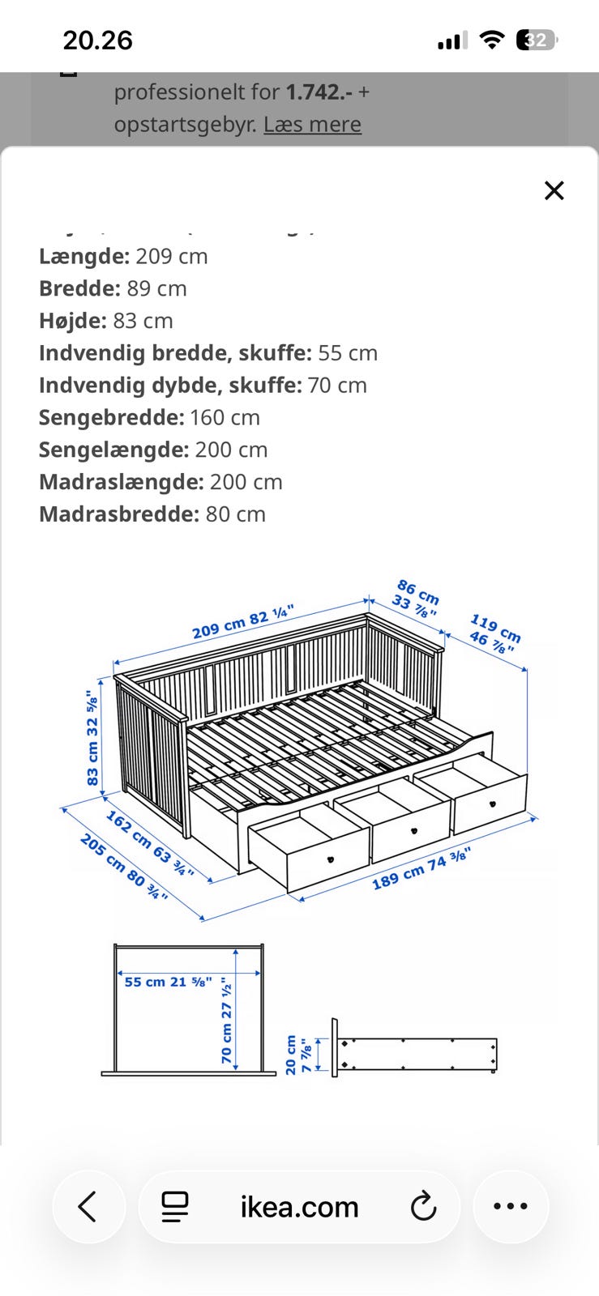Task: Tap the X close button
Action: tap(554, 190)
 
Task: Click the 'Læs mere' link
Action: tap(312, 125)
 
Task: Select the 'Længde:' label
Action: tap(84, 256)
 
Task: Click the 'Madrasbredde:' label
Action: tap(118, 514)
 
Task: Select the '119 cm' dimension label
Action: tap(495, 629)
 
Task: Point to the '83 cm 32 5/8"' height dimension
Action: tap(92, 737)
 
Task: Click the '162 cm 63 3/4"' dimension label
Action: tap(150, 843)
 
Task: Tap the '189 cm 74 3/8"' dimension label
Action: tap(421, 868)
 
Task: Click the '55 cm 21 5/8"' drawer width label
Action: tap(168, 982)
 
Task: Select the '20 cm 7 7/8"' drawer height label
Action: tap(297, 1055)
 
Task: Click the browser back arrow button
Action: tap(88, 1206)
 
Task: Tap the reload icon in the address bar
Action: tap(423, 1206)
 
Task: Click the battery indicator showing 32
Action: tap(536, 40)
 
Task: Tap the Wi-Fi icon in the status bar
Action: tap(491, 40)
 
